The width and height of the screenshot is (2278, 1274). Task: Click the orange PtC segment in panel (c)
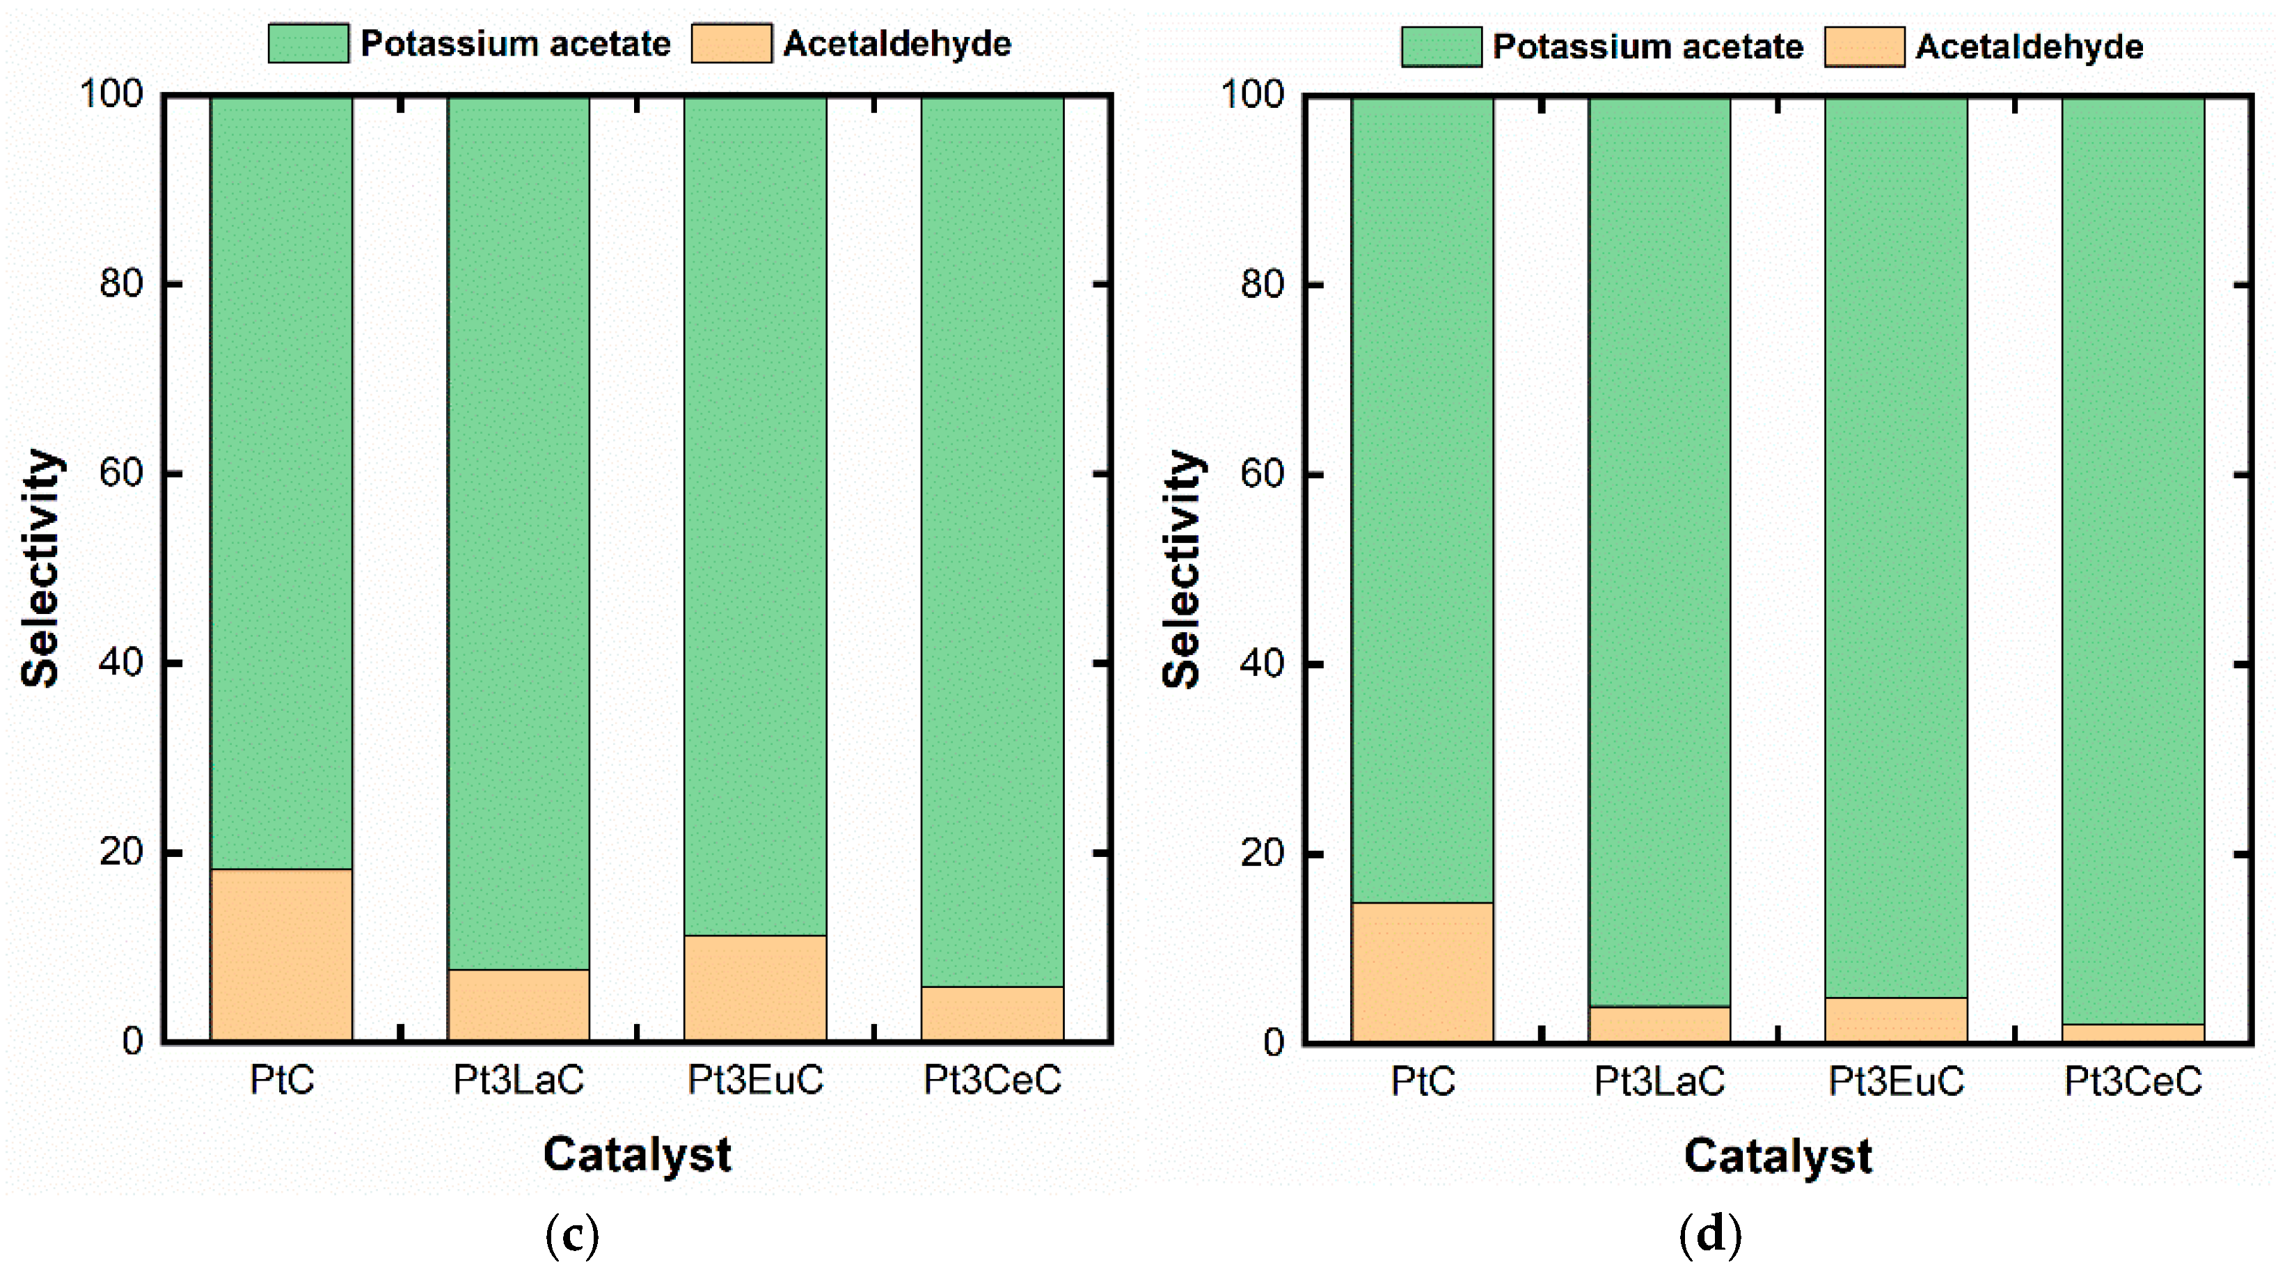[281, 954]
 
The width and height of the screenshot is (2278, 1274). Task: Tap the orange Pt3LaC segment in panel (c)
[519, 1005]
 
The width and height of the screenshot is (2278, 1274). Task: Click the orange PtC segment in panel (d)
[1422, 971]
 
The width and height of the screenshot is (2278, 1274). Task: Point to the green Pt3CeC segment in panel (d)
[2133, 558]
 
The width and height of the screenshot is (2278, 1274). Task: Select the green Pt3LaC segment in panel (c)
[519, 530]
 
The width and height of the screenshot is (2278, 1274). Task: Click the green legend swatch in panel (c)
[308, 43]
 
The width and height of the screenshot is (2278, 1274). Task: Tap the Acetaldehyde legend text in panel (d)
[2030, 46]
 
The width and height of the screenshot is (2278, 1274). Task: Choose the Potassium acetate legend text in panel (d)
[1647, 46]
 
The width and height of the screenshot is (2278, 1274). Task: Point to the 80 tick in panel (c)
[121, 284]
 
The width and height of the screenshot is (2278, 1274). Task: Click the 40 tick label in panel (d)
[1262, 663]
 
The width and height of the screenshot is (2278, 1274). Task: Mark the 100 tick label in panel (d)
[1252, 94]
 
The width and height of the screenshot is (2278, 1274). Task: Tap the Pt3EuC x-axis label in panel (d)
[1896, 1081]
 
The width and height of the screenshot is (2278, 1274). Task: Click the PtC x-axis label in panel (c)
[281, 1079]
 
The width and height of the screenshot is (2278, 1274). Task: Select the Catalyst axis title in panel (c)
[637, 1154]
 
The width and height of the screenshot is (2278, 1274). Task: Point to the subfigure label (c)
[572, 1235]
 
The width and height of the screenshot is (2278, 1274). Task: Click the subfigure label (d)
[1710, 1235]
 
